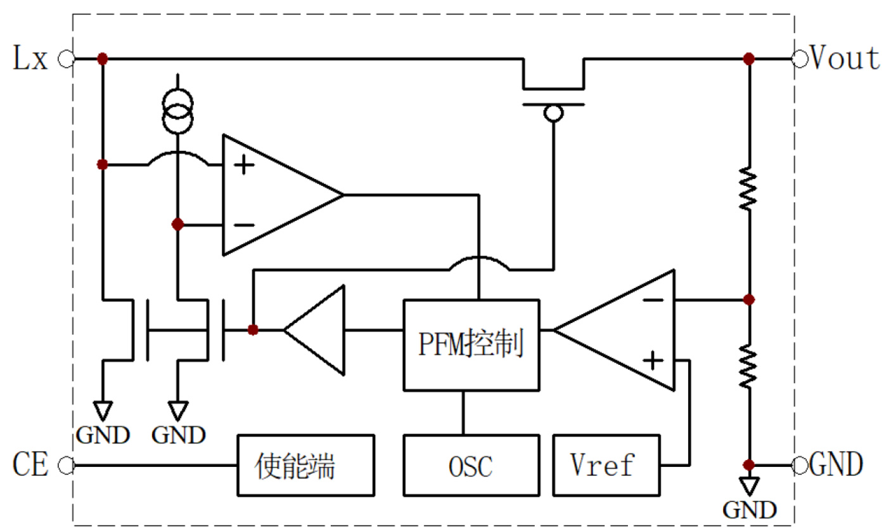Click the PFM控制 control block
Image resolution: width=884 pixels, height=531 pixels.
(x=471, y=344)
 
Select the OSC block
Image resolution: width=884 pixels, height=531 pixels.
(x=471, y=465)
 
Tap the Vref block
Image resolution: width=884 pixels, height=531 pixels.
(x=606, y=465)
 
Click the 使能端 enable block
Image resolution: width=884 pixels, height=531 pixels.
(x=305, y=465)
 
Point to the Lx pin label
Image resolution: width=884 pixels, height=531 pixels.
(x=30, y=60)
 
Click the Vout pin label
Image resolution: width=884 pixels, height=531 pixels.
(x=845, y=59)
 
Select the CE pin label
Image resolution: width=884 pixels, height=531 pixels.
(x=30, y=465)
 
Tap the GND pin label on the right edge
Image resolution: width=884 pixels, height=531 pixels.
(x=836, y=465)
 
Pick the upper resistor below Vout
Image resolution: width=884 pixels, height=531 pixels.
(x=749, y=188)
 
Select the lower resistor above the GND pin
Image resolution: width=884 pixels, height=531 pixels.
(x=749, y=367)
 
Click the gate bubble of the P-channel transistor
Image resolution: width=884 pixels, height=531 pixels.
(x=554, y=114)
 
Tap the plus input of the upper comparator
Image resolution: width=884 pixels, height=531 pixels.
(x=243, y=166)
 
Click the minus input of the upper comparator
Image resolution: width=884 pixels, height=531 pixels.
(x=243, y=225)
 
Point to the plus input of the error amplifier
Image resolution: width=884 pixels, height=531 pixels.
(x=653, y=362)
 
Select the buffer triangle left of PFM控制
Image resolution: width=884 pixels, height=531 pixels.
(x=317, y=329)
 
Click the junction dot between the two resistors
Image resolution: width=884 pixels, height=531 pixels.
(x=749, y=299)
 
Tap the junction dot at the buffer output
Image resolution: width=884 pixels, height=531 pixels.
(x=253, y=329)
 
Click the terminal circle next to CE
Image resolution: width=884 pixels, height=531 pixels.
(x=65, y=466)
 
